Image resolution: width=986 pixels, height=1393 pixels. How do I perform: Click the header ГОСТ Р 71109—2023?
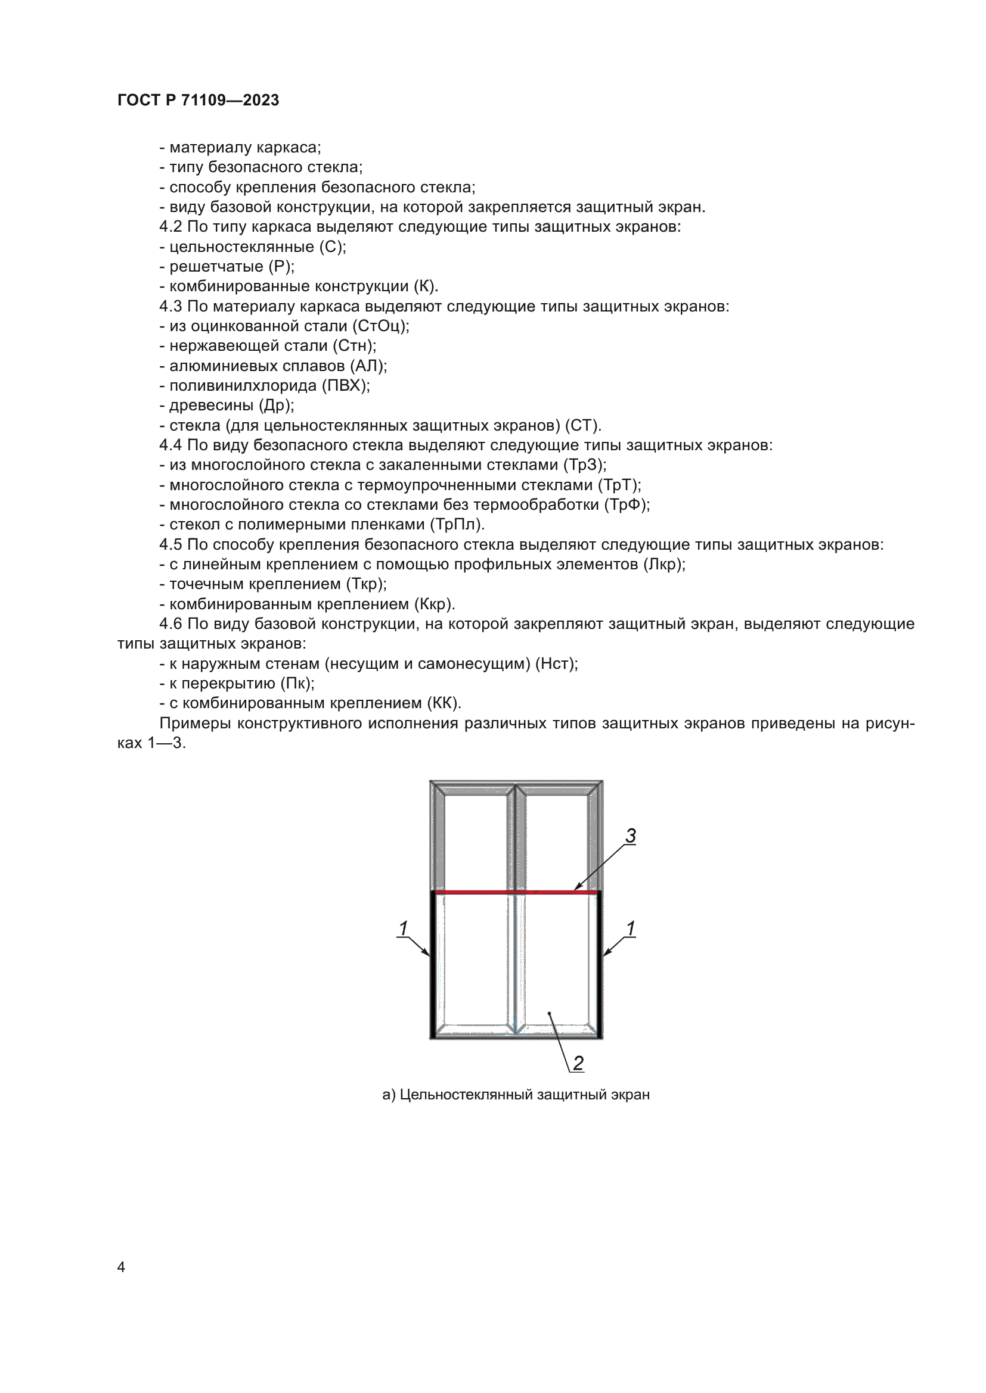click(198, 100)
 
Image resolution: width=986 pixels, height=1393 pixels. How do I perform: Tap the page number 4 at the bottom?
click(121, 1267)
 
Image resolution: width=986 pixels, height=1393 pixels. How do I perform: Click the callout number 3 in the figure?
click(631, 836)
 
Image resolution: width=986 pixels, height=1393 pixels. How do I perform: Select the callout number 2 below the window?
click(578, 1063)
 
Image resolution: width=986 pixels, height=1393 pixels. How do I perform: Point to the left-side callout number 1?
click(403, 928)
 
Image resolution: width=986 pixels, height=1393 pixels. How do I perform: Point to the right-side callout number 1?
click(630, 928)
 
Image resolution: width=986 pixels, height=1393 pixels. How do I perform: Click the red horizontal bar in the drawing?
click(516, 892)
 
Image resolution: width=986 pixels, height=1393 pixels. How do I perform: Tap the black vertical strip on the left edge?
click(433, 965)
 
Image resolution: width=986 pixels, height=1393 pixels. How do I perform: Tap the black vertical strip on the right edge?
click(600, 965)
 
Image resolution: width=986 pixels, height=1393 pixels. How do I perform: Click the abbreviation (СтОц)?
click(380, 326)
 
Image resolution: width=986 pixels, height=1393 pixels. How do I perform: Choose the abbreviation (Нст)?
click(556, 663)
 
